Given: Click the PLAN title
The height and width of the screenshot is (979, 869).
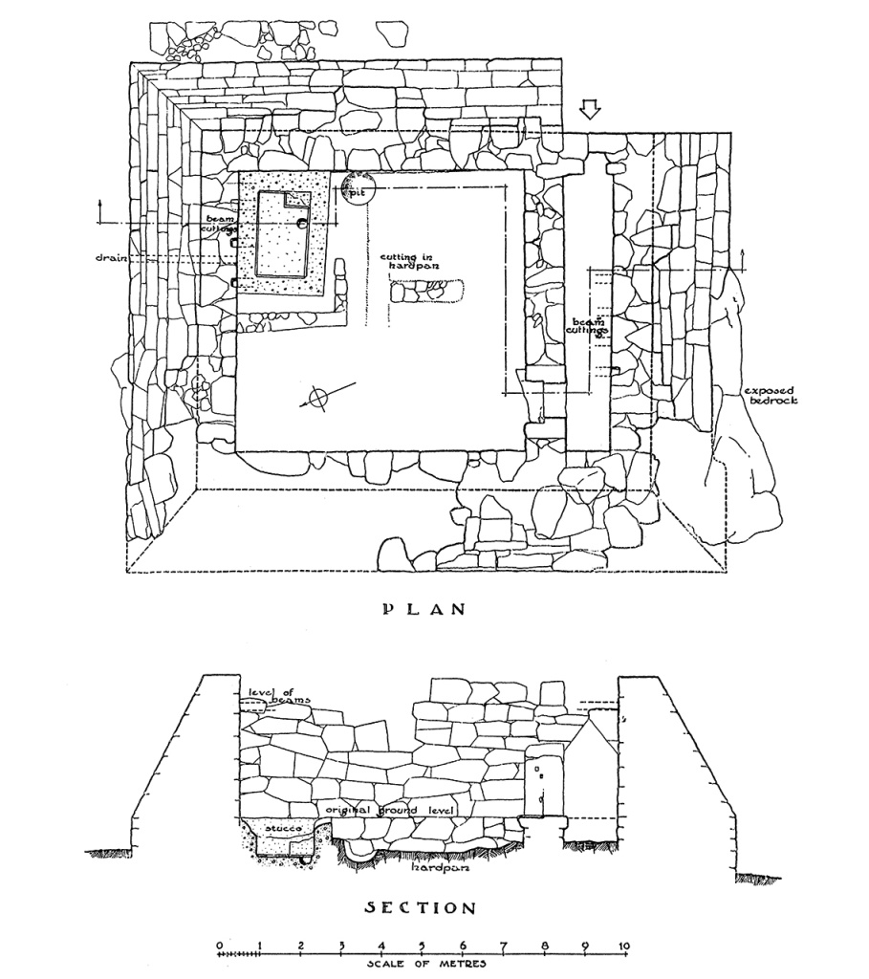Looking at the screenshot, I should pyautogui.click(x=423, y=609).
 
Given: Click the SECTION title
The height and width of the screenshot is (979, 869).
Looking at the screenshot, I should pyautogui.click(x=422, y=907).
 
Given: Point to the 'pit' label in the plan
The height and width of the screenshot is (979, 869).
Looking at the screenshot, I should pyautogui.click(x=358, y=190).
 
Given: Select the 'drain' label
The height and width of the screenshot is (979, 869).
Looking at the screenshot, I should pyautogui.click(x=112, y=258).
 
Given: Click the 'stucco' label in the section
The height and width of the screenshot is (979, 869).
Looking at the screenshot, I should pyautogui.click(x=281, y=825).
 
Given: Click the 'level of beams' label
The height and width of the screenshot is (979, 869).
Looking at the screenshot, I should pyautogui.click(x=275, y=697).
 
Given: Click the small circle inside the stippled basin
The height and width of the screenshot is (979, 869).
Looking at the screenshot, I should pyautogui.click(x=302, y=224).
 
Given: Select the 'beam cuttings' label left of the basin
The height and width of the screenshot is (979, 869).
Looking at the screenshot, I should pyautogui.click(x=215, y=224).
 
